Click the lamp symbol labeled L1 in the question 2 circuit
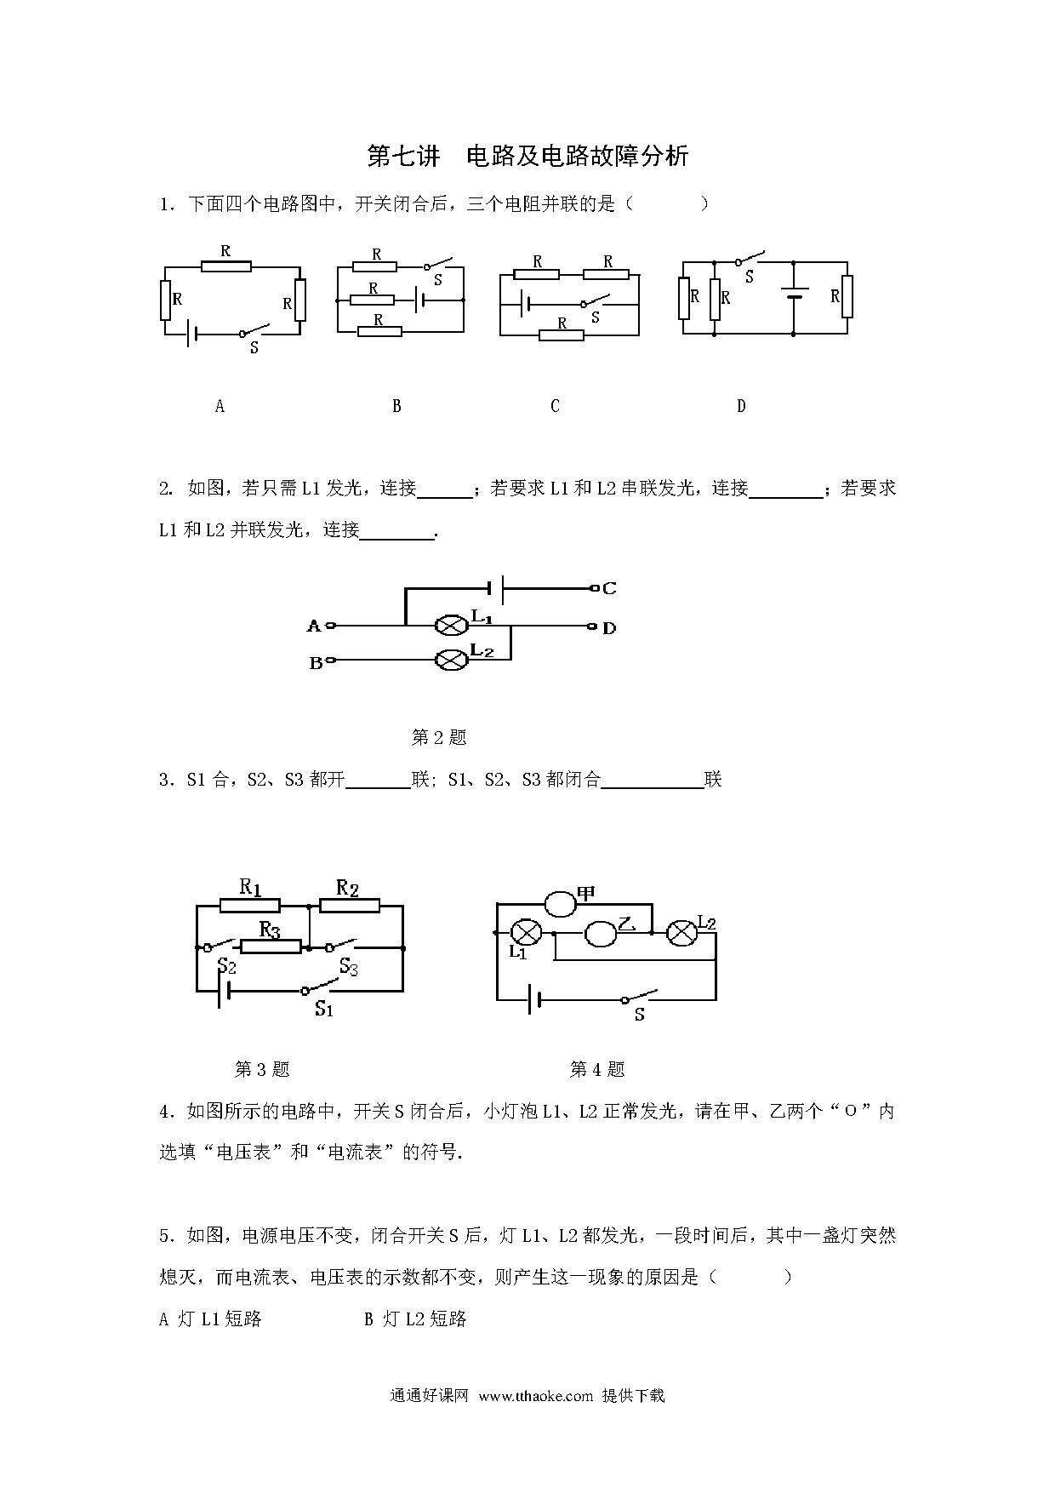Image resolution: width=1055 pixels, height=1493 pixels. click(451, 626)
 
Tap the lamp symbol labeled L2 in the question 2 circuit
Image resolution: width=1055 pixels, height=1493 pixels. click(451, 660)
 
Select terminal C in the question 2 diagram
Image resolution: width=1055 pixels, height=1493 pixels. click(594, 588)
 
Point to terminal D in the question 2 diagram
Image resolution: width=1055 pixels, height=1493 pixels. click(592, 627)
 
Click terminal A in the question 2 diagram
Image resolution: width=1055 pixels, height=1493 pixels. click(331, 626)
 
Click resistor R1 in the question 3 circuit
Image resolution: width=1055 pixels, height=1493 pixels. click(250, 906)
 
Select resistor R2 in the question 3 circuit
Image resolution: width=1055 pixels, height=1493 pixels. click(349, 906)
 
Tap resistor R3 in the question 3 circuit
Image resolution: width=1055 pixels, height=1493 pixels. click(271, 947)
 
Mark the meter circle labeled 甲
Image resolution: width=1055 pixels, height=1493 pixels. click(561, 904)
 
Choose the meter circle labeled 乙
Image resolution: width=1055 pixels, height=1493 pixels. click(601, 934)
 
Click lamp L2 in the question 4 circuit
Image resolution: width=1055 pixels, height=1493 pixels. click(681, 933)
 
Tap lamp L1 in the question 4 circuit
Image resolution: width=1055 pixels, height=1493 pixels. click(526, 933)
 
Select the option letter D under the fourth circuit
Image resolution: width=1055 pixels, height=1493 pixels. click(741, 406)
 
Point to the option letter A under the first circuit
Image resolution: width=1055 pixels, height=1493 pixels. click(220, 406)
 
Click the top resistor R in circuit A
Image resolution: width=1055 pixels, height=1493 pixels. click(226, 266)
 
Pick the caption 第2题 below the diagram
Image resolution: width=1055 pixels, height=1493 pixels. click(439, 737)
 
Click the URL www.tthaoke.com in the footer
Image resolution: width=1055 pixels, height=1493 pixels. click(535, 1395)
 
